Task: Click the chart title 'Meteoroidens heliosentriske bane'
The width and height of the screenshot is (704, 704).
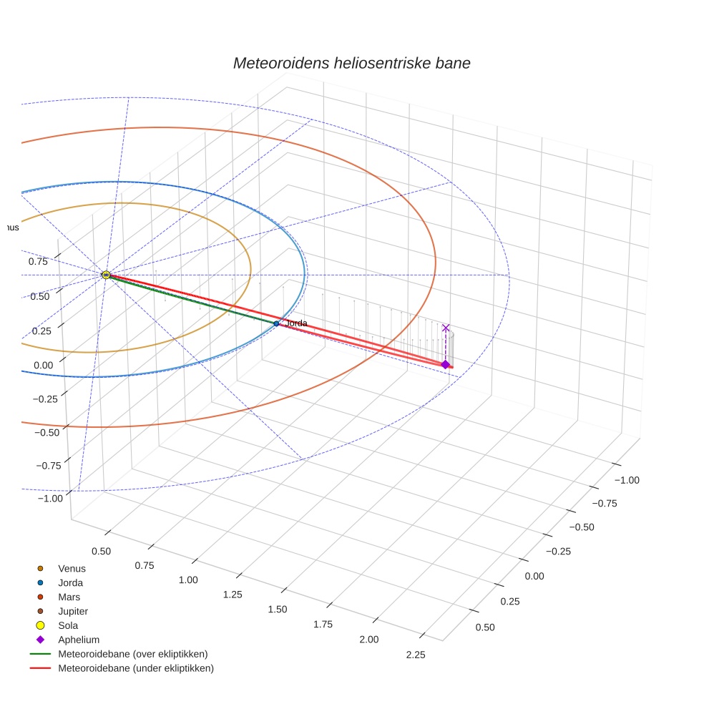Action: pyautogui.click(x=351, y=63)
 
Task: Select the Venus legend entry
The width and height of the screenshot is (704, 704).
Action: pyautogui.click(x=72, y=568)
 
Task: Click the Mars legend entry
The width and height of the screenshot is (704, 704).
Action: pyautogui.click(x=69, y=597)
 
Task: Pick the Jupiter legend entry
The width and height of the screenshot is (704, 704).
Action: pyautogui.click(x=73, y=611)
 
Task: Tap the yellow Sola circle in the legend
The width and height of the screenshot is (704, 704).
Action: pyautogui.click(x=41, y=625)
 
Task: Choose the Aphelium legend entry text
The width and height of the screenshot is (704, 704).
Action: pyautogui.click(x=79, y=640)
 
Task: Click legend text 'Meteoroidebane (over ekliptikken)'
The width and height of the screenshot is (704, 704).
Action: pyautogui.click(x=133, y=654)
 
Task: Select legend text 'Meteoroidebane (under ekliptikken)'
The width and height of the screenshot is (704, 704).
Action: pyautogui.click(x=136, y=668)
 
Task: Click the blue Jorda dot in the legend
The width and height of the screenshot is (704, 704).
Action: pyautogui.click(x=41, y=582)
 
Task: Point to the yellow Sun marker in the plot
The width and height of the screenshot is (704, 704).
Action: pyautogui.click(x=106, y=275)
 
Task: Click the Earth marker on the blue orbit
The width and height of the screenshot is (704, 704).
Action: pyautogui.click(x=276, y=323)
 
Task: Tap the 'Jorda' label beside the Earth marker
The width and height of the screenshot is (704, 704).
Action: pyautogui.click(x=296, y=323)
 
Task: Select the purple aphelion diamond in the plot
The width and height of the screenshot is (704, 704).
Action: pyautogui.click(x=445, y=365)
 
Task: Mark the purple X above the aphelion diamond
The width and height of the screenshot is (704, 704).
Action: pyautogui.click(x=446, y=328)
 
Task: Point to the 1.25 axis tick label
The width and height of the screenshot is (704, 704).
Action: pyautogui.click(x=233, y=595)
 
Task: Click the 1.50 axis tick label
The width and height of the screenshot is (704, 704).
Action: pyautogui.click(x=277, y=609)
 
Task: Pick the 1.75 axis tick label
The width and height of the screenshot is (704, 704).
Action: pyautogui.click(x=323, y=624)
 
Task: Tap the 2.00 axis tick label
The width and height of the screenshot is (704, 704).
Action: pyautogui.click(x=368, y=639)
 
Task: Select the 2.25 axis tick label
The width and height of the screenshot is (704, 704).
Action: pyautogui.click(x=415, y=655)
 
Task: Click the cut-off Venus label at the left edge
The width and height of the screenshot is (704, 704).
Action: pyautogui.click(x=9, y=228)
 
